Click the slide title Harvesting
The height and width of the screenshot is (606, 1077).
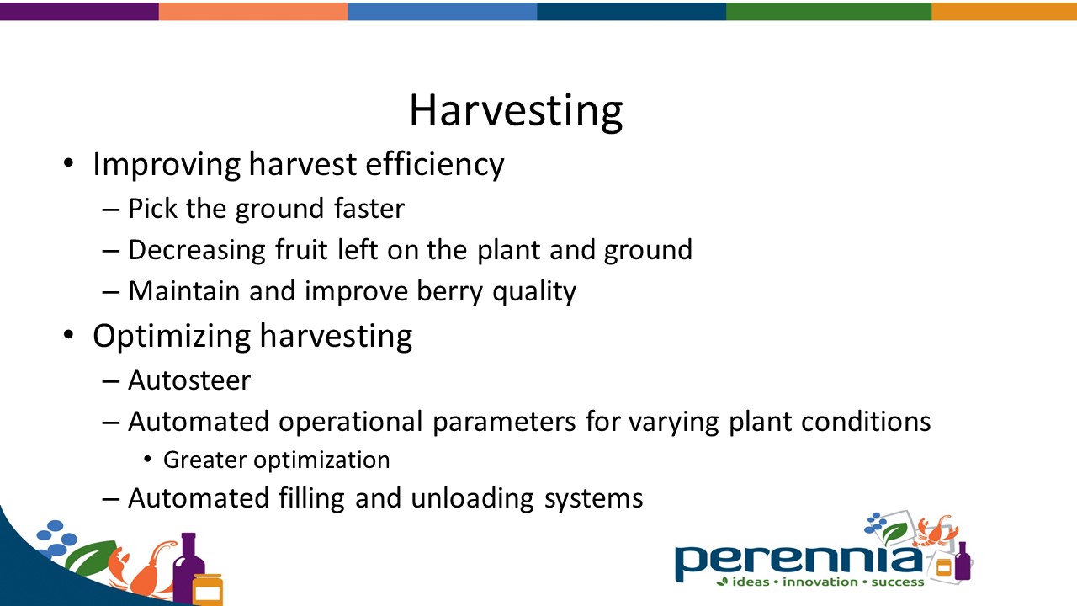coord(515,111)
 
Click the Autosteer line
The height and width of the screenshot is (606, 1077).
coord(188,380)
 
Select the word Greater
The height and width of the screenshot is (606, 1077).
coord(204,460)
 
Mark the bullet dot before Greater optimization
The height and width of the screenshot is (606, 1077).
coord(148,460)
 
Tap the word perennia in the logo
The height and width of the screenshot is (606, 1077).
coord(795,559)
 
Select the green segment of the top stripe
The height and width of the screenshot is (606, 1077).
coord(828,11)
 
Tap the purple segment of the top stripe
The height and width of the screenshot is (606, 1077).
coord(79,11)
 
